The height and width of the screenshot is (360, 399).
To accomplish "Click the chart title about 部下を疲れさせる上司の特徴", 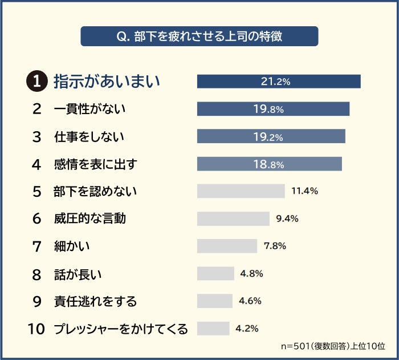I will pos(199,36).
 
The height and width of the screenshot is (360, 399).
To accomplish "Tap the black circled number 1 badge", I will pos(38,82).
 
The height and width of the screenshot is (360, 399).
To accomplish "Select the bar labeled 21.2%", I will pos(279,82).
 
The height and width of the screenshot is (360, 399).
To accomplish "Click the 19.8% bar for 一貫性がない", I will pos(273,109).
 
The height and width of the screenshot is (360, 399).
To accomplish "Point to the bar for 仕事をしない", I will pos(271,136).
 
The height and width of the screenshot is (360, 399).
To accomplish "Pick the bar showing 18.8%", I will pos(270,164).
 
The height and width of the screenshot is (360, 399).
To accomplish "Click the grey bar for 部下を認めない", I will pos(241,191).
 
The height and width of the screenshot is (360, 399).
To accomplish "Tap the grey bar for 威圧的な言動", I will pos(233,219).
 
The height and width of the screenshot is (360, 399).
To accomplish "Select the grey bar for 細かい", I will pos(227,246).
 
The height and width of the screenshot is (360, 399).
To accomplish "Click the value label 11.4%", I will pos(304,191).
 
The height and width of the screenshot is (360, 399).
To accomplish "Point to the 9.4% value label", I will pos(287,219).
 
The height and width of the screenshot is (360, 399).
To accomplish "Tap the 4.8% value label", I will pos(251,273).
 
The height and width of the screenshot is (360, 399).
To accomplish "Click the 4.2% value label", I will pos(247,328).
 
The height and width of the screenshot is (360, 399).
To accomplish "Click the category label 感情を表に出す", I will pos(96,164).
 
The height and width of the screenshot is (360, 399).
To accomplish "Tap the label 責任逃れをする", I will pos(95,301).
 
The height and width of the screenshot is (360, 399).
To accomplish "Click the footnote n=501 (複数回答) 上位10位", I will pos(333,346).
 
